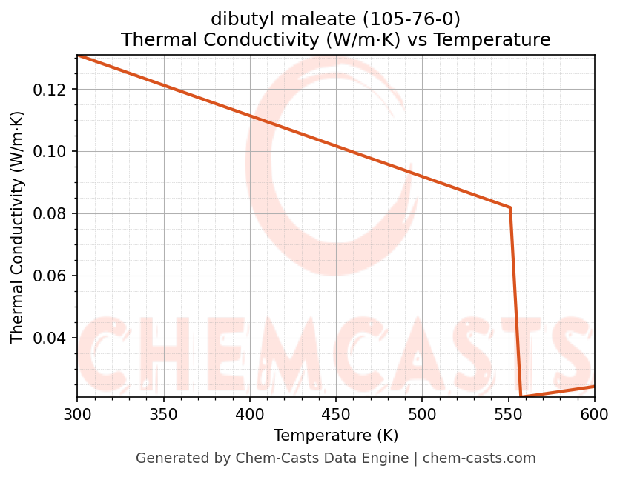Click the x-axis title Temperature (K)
(335, 436)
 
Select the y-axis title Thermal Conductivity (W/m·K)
(18, 227)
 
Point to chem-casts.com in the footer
(479, 458)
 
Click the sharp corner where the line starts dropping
(510, 207)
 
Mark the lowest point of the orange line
(521, 397)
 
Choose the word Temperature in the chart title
(492, 40)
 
